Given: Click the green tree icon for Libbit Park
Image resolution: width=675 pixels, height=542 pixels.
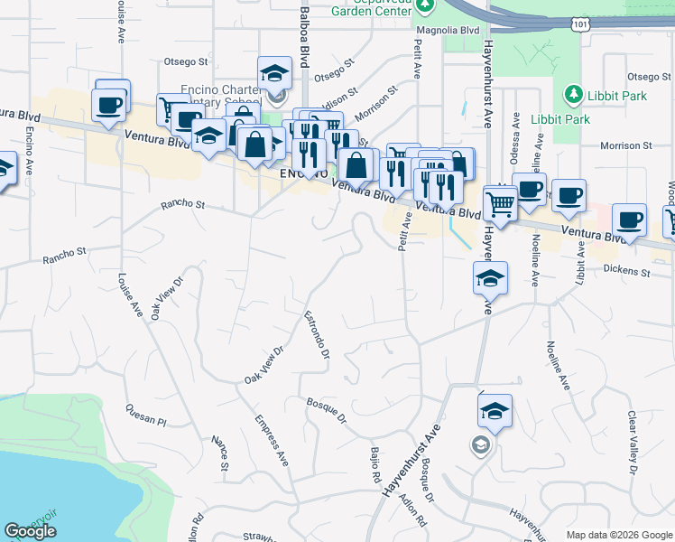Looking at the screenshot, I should click(572, 94).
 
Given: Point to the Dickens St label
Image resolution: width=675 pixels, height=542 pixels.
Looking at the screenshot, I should click(627, 270).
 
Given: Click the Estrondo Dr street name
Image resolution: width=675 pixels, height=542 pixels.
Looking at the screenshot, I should click(317, 334).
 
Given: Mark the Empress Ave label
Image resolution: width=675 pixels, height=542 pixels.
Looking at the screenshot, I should click(271, 440).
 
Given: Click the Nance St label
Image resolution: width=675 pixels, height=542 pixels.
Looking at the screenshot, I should click(219, 454).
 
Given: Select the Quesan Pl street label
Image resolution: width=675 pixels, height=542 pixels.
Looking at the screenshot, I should click(147, 414).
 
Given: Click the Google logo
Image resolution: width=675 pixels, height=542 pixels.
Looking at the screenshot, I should click(30, 531).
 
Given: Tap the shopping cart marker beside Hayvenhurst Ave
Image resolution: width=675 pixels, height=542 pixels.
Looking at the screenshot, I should click(499, 203).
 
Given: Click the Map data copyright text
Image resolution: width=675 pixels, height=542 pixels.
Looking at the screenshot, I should click(618, 535).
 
